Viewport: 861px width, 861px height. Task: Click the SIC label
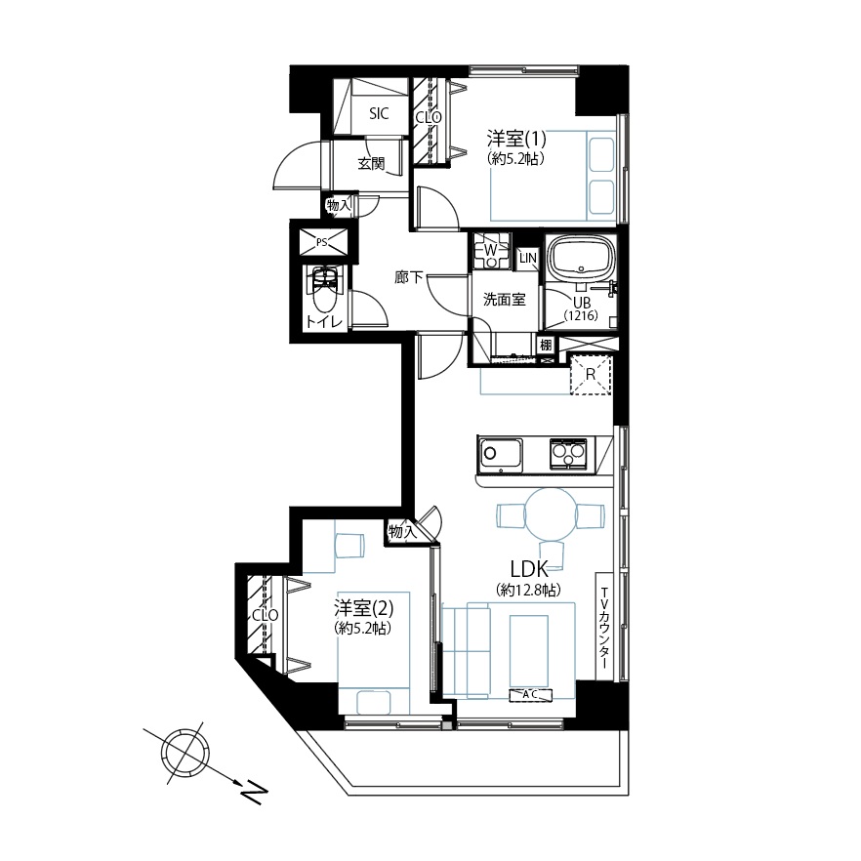tap(379, 113)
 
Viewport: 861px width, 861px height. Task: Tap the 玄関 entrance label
tap(371, 163)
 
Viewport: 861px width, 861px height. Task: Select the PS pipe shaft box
tap(322, 242)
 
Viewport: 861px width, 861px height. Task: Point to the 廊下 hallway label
tap(408, 277)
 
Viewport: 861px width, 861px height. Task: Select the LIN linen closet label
tap(528, 258)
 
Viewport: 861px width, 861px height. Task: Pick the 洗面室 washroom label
tap(504, 300)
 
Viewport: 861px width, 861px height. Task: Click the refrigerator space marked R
tap(591, 375)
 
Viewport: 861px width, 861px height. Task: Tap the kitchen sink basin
tap(500, 454)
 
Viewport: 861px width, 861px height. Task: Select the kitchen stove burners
tap(568, 454)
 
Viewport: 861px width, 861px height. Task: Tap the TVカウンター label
tap(604, 628)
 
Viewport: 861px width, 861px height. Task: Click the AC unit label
tap(530, 695)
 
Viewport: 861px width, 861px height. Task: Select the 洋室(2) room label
tap(363, 608)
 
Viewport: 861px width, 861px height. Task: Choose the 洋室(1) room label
tap(516, 138)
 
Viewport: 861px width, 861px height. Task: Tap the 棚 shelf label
tap(546, 346)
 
